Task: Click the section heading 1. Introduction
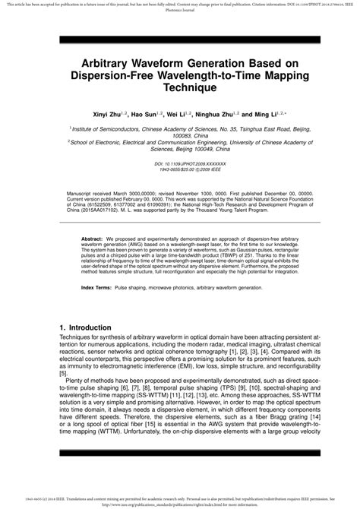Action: click(91, 327)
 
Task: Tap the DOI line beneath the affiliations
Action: click(180, 163)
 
